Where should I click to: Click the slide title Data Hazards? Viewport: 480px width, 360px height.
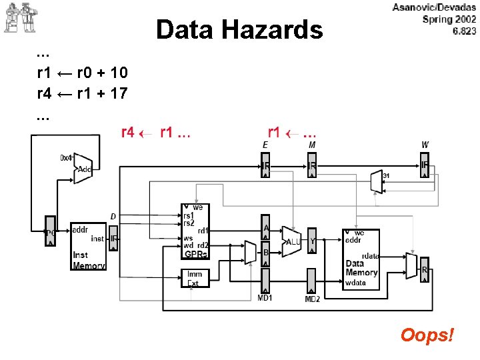(239, 29)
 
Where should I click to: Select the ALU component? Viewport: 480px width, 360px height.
(293, 241)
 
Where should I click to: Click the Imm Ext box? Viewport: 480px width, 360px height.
(195, 278)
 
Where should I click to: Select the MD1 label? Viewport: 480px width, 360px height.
(265, 297)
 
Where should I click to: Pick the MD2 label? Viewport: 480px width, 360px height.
(312, 299)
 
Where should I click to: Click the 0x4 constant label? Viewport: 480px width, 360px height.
(67, 158)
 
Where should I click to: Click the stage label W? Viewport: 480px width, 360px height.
(425, 144)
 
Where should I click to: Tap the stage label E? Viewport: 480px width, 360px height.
(265, 144)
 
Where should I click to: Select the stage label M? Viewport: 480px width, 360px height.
(312, 144)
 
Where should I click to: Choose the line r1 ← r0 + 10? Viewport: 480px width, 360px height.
(82, 72)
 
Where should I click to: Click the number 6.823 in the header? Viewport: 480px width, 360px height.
(464, 31)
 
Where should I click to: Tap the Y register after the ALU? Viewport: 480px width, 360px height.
(312, 241)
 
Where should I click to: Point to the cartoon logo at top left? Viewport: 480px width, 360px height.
(19, 17)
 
